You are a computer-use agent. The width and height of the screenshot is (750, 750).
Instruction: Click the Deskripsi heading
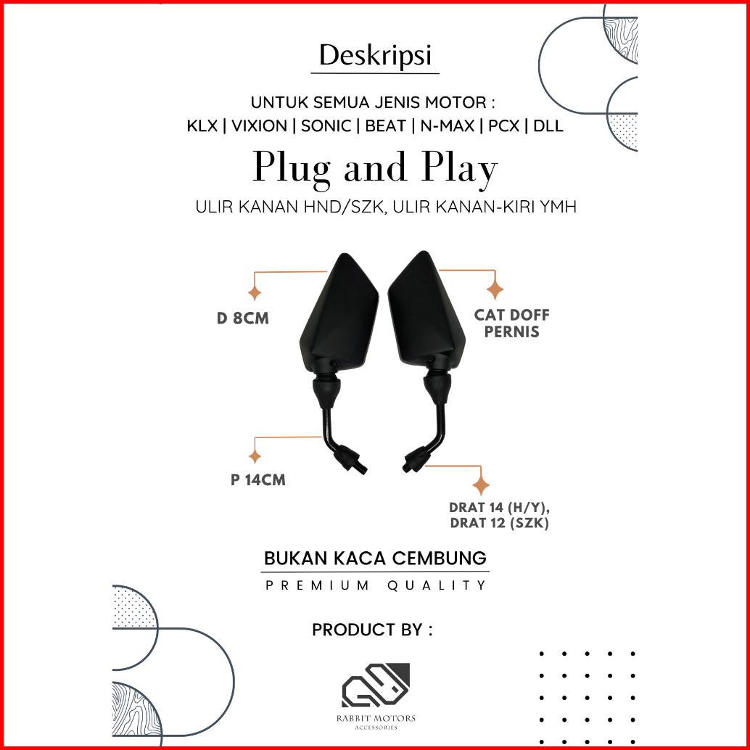(375, 57)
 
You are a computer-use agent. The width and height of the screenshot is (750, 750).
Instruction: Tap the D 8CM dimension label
(243, 318)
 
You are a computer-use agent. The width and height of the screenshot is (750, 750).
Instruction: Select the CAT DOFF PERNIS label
(511, 324)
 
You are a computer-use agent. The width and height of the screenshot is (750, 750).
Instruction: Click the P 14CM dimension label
(258, 480)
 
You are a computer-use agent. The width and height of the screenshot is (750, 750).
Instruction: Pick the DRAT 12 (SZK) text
(499, 523)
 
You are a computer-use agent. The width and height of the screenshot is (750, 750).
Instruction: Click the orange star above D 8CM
(255, 294)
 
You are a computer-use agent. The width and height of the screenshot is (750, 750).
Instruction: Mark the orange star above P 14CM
(255, 457)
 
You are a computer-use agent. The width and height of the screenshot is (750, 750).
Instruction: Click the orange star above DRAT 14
(480, 486)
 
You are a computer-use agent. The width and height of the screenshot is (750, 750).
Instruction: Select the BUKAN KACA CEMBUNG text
(375, 559)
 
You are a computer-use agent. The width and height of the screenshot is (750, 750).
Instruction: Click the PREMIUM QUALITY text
(375, 585)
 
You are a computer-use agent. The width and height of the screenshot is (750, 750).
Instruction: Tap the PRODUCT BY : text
(372, 630)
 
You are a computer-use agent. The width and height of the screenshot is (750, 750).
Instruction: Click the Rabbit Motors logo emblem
(376, 685)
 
